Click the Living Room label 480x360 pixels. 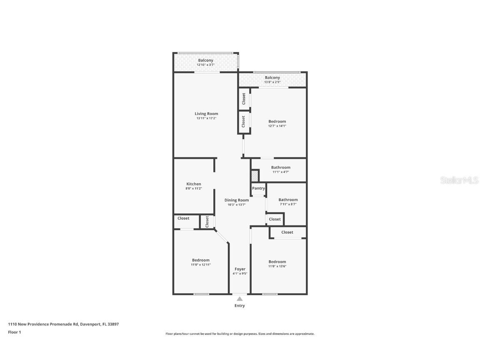(x=206, y=114)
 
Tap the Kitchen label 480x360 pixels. (x=194, y=184)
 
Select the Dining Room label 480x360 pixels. (x=237, y=200)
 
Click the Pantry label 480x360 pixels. (x=258, y=188)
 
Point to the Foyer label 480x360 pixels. (x=240, y=269)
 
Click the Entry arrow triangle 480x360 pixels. (x=240, y=298)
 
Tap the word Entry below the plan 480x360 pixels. (x=240, y=306)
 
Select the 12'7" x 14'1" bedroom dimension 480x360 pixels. (x=277, y=126)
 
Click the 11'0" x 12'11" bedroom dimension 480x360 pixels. (x=201, y=265)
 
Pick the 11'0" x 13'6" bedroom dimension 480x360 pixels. (x=277, y=266)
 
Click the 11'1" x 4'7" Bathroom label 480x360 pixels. (x=281, y=167)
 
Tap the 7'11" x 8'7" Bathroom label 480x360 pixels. (x=288, y=200)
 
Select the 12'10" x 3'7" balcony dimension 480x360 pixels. (x=205, y=65)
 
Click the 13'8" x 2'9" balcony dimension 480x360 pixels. (x=272, y=82)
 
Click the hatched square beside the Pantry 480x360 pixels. (x=255, y=176)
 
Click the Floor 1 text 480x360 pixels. (x=14, y=332)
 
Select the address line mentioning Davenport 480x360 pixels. (x=63, y=324)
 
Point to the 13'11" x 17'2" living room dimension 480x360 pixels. (x=206, y=118)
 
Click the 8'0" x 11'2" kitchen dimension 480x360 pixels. (x=194, y=188)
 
